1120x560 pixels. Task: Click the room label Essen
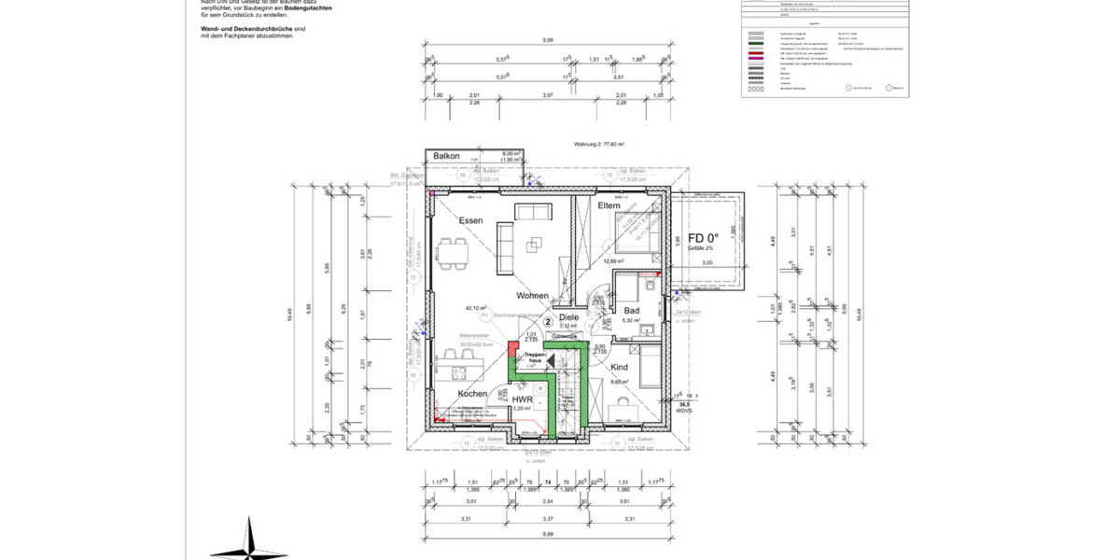[x=470, y=220]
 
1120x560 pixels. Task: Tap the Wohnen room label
[x=533, y=295]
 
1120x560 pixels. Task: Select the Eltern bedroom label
[x=609, y=205]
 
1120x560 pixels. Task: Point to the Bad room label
[x=631, y=310]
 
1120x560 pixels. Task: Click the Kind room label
[x=619, y=368]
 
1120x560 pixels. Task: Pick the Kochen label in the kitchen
[x=472, y=395]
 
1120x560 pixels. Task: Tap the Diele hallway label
[x=569, y=317]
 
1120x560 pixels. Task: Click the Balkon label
[x=447, y=156]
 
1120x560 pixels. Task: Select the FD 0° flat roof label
[x=702, y=237]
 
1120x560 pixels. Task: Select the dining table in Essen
[x=455, y=252]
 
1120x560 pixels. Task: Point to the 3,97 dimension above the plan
[x=549, y=95]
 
